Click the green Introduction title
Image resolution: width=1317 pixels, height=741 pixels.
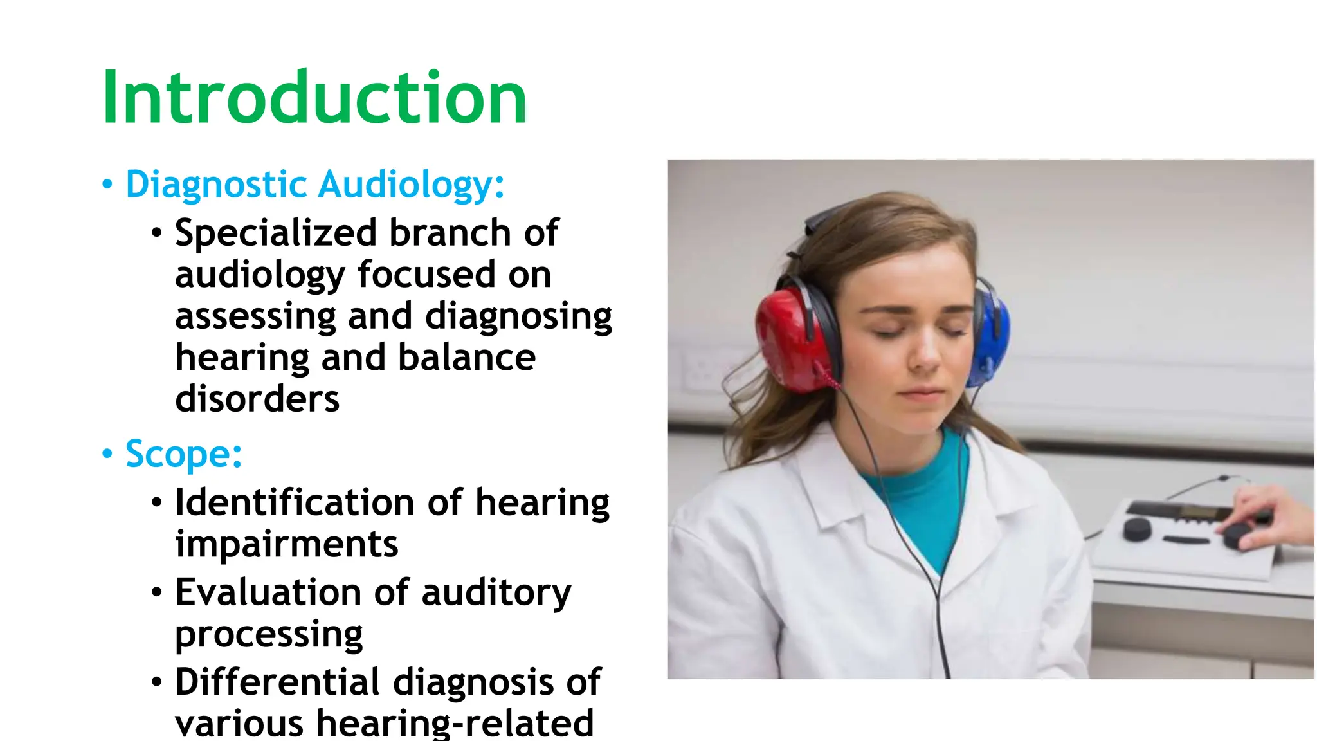pyautogui.click(x=314, y=98)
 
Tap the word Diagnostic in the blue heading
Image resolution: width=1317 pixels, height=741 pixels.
pyautogui.click(x=216, y=185)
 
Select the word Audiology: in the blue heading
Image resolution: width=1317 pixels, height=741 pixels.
pyautogui.click(x=412, y=185)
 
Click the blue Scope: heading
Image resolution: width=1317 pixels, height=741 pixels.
pyautogui.click(x=183, y=454)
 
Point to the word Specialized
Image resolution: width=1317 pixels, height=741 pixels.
pyautogui.click(x=275, y=233)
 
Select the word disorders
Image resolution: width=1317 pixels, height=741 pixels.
pyautogui.click(x=257, y=399)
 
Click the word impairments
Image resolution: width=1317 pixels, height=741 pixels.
pyautogui.click(x=286, y=544)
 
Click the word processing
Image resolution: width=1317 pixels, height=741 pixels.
pyautogui.click(x=268, y=634)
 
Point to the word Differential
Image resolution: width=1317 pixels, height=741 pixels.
pyautogui.click(x=277, y=682)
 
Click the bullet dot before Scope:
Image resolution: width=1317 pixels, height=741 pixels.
pyautogui.click(x=107, y=454)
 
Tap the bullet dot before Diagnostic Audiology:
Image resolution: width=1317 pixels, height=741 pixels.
pyautogui.click(x=107, y=185)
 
